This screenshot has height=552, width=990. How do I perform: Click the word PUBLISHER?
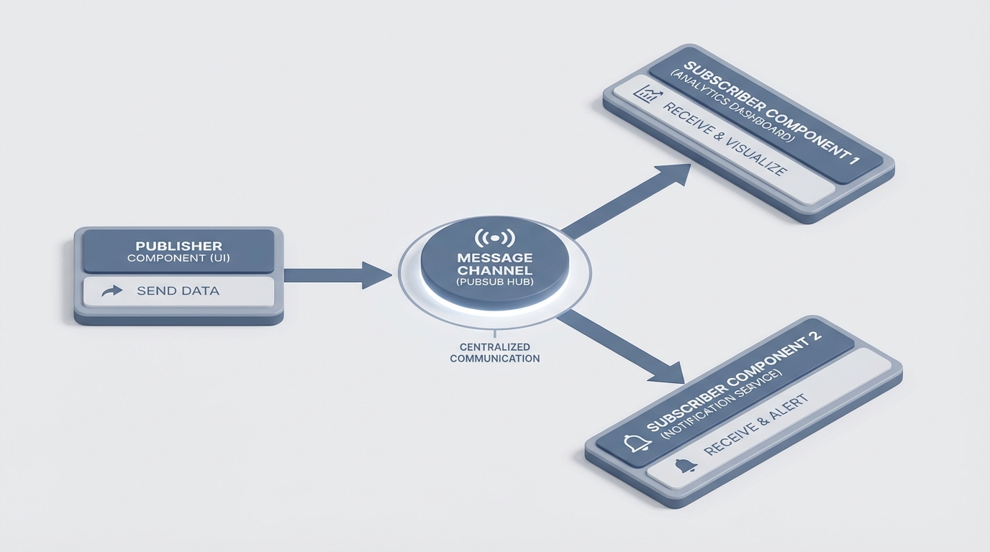pyautogui.click(x=178, y=247)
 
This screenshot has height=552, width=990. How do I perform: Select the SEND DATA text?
pyautogui.click(x=178, y=291)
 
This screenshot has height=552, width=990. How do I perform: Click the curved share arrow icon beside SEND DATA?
pyautogui.click(x=112, y=291)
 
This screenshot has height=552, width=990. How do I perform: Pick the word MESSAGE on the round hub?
pyautogui.click(x=495, y=257)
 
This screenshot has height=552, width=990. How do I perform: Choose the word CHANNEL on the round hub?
pyautogui.click(x=495, y=271)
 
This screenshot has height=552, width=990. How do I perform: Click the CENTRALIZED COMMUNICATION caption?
pyautogui.click(x=495, y=352)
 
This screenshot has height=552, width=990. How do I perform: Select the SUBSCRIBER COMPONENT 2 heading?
pyautogui.click(x=734, y=385)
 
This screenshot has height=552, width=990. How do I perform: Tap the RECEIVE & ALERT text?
pyautogui.click(x=755, y=425)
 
